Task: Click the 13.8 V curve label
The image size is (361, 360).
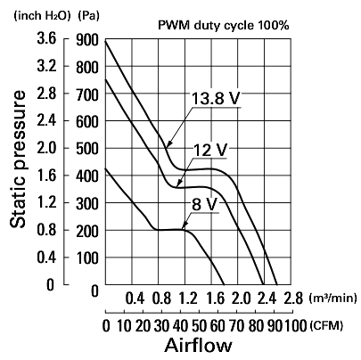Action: [x=216, y=98]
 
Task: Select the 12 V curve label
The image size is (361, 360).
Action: [x=210, y=150]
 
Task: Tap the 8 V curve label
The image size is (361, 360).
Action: [x=205, y=204]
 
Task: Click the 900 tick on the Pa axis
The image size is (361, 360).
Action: [x=87, y=40]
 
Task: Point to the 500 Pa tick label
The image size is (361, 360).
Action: [x=87, y=149]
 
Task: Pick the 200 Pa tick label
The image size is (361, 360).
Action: [x=87, y=231]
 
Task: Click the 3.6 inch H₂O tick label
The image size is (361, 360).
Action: [x=46, y=39]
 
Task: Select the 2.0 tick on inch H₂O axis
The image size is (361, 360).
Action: [x=46, y=148]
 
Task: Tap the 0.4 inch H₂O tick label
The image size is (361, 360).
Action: [x=46, y=258]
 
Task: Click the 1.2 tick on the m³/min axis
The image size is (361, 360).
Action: [x=187, y=299]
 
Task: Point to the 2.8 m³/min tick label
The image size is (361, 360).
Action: [x=293, y=299]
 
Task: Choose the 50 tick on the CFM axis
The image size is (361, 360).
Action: [x=199, y=326]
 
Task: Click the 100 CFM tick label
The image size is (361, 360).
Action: [x=296, y=326]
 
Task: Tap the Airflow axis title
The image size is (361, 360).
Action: [x=198, y=346]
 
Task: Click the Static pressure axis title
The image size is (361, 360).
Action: [x=18, y=160]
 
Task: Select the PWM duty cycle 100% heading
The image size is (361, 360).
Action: [x=224, y=26]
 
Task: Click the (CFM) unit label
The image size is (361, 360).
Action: [x=326, y=326]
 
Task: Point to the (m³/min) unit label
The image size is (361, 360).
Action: [x=332, y=298]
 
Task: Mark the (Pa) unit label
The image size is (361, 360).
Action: [x=88, y=16]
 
